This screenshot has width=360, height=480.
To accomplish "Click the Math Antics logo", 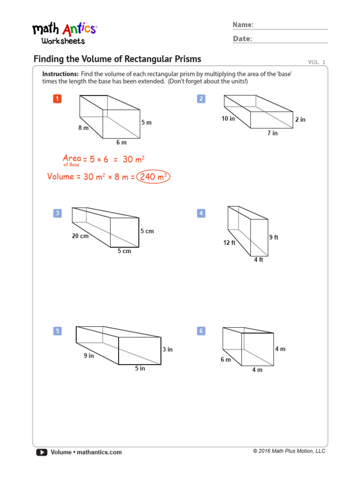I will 64,33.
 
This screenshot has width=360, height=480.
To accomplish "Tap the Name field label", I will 243,25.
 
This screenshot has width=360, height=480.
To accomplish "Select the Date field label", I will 242,39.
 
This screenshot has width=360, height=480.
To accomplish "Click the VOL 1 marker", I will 316,62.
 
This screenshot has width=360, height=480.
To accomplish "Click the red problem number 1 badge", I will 57,98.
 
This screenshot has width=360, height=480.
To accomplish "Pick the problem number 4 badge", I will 201,214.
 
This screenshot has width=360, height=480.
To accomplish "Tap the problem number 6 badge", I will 201,331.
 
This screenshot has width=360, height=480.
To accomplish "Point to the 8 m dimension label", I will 83,127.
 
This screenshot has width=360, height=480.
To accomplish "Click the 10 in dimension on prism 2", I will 228,119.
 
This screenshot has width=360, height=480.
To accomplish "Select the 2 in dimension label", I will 300,120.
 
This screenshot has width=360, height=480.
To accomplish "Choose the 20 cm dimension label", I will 80,236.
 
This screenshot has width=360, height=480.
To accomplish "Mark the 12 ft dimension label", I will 229,243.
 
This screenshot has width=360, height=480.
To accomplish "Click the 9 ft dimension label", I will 273,238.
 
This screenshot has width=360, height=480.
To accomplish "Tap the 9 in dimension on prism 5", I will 89,356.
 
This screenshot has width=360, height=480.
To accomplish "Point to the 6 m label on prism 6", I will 226,360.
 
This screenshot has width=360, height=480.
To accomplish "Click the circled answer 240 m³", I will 153,177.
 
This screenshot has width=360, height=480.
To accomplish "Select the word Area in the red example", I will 72,158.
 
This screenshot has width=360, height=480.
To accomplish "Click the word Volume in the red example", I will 60,177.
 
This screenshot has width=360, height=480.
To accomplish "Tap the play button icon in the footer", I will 41,452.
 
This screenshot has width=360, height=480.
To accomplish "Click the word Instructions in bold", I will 60,74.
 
